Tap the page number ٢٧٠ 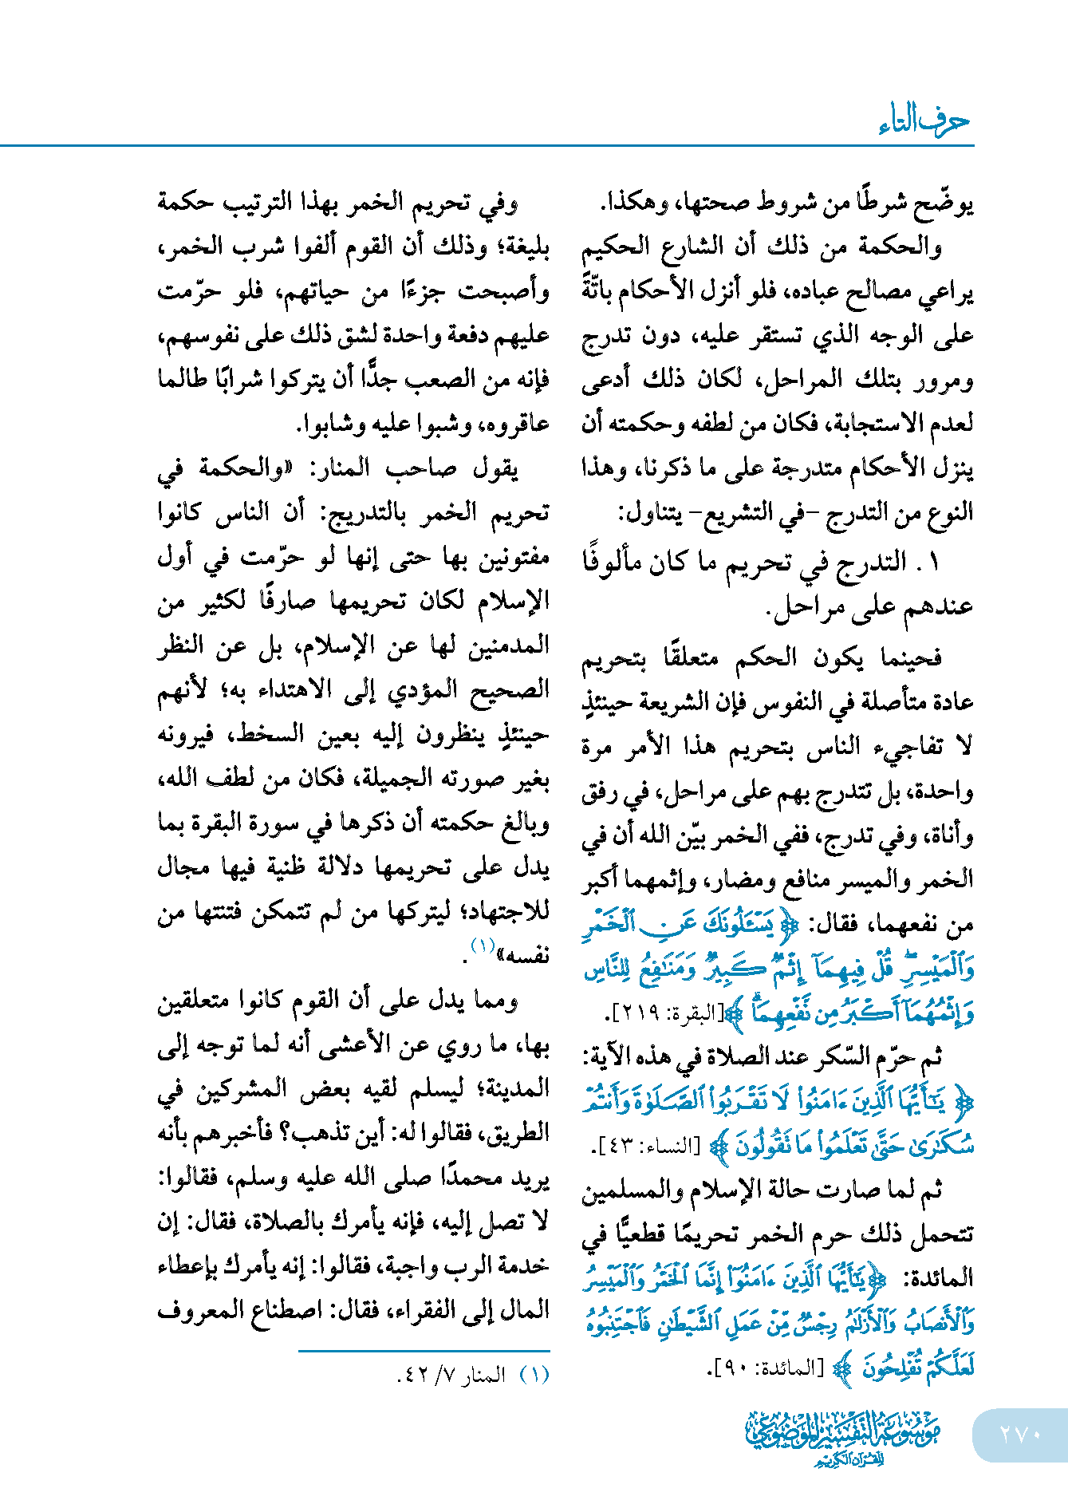(1020, 1434)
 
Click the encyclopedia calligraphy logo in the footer (842, 1437)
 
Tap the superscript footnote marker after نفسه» (483, 946)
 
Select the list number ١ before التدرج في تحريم (933, 563)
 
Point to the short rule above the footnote (424, 1351)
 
